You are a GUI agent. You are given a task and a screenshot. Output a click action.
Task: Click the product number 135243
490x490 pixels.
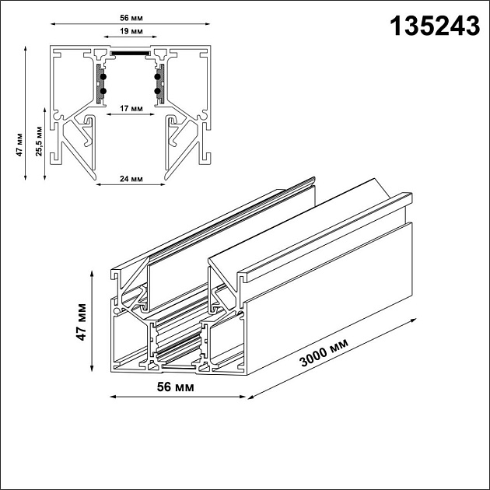tap(434, 26)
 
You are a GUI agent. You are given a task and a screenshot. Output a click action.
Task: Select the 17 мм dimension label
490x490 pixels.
tap(130, 107)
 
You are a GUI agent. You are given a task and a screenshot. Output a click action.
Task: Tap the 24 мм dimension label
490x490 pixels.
tap(131, 179)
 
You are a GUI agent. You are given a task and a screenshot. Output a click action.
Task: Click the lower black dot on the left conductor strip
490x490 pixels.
tap(103, 91)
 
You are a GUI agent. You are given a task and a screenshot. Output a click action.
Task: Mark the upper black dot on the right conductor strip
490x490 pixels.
tap(158, 76)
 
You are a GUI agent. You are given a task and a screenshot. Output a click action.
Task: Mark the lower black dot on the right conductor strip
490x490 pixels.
tap(158, 91)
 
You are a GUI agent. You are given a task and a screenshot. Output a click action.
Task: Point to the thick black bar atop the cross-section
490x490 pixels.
tap(131, 54)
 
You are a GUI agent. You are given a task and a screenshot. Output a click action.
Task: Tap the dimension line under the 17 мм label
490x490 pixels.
tap(130, 114)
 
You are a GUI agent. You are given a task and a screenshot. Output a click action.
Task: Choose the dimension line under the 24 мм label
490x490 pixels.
tap(131, 185)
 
